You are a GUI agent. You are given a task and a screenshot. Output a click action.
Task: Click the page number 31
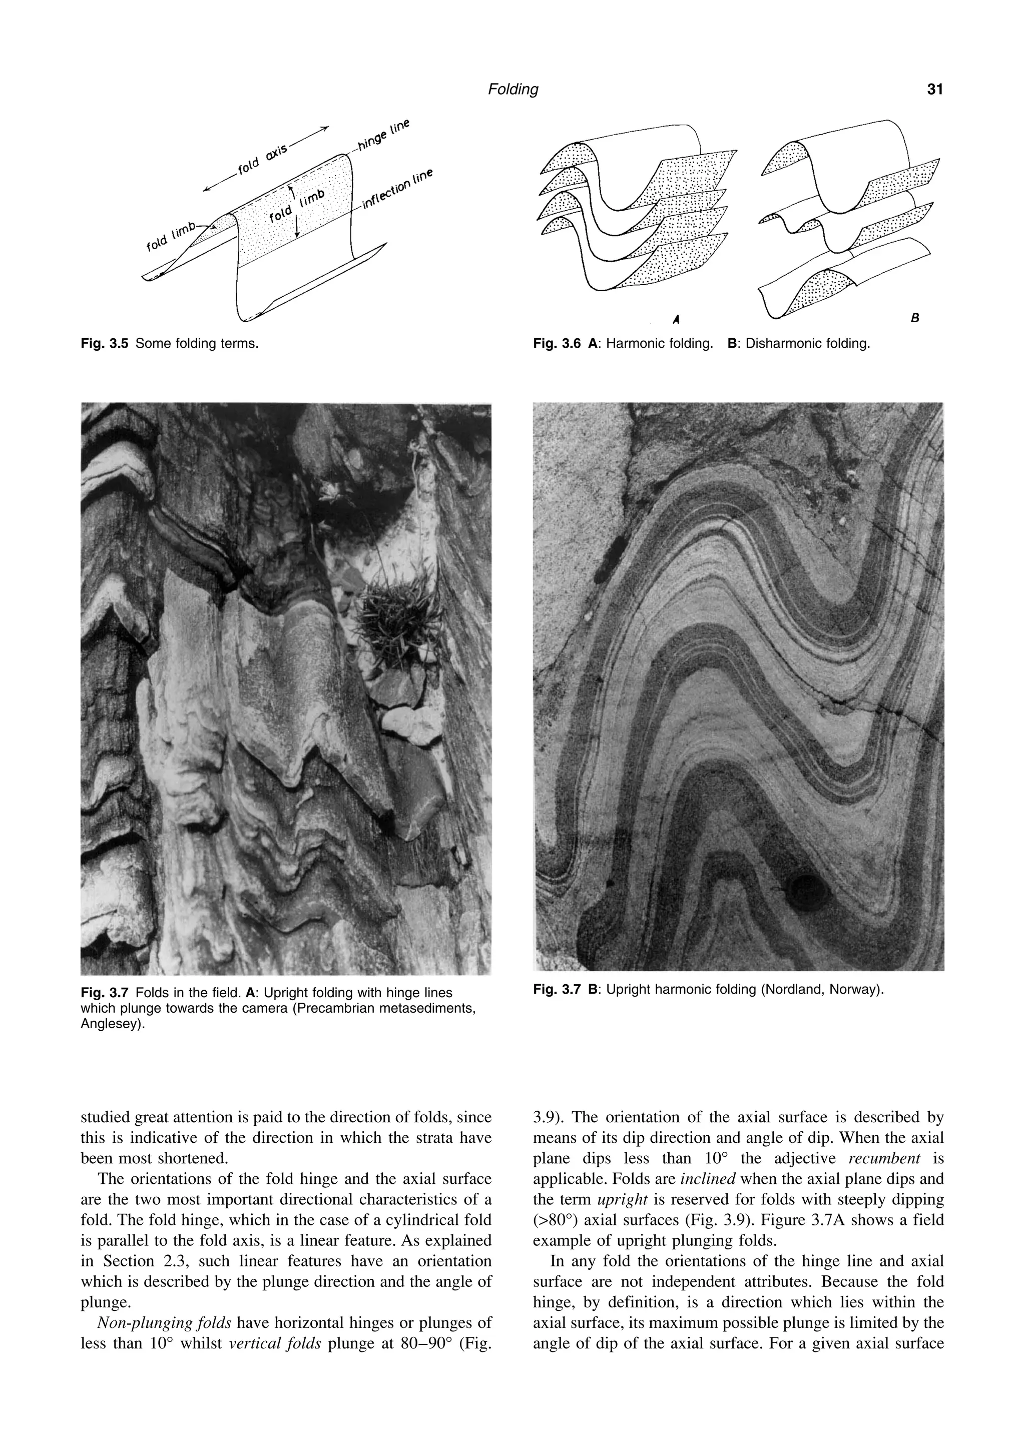[x=935, y=90]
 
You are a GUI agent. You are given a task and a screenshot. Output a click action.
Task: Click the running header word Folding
[x=513, y=90]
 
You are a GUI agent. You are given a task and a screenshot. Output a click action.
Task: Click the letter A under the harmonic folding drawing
[x=676, y=320]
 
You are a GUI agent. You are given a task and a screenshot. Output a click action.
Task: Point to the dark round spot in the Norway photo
[x=810, y=892]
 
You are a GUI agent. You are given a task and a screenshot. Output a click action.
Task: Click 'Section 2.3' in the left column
[x=138, y=1261]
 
